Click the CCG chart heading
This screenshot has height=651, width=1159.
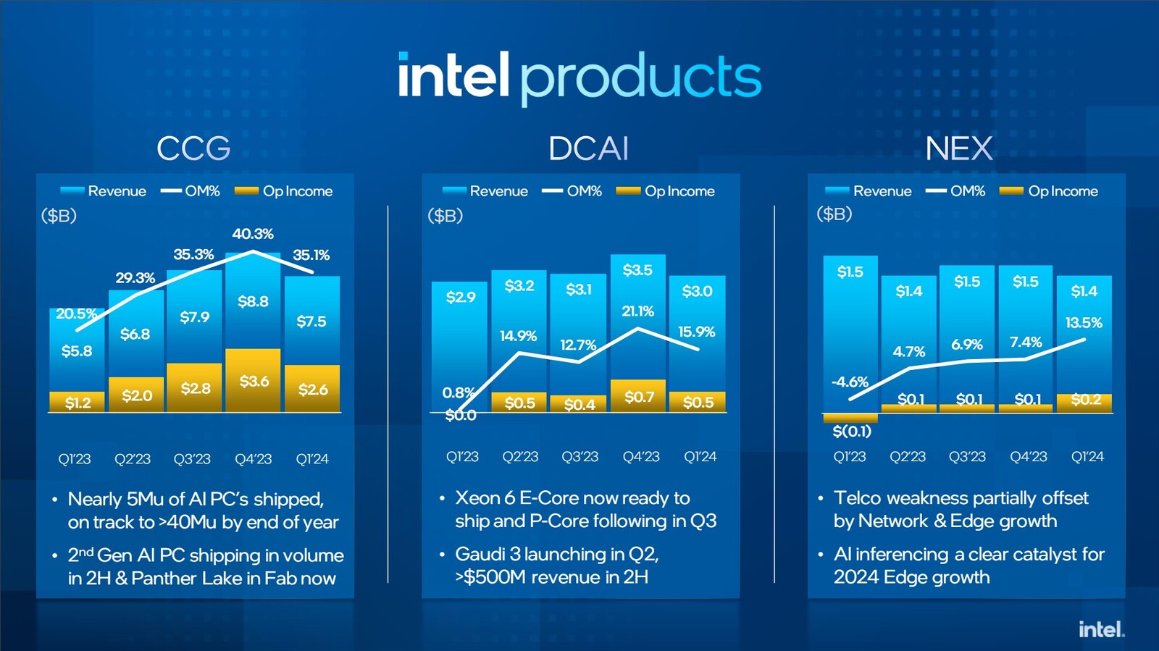[x=193, y=148]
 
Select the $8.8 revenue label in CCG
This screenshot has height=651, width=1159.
[x=253, y=301]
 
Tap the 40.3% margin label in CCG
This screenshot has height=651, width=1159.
[x=253, y=234]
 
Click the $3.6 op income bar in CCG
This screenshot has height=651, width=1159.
[x=253, y=381]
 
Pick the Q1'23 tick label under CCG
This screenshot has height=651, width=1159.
[x=75, y=459]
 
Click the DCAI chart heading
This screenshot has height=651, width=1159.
[x=588, y=148]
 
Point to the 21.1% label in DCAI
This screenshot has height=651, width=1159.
[x=637, y=311]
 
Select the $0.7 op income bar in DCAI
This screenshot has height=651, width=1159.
[x=638, y=396]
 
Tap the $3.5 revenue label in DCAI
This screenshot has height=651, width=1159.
[x=637, y=270]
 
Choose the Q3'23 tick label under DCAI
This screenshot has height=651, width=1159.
[x=579, y=457]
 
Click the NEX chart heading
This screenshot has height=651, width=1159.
[x=958, y=148]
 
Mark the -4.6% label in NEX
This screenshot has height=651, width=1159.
[x=850, y=382]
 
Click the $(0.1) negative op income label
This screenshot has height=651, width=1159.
[x=852, y=432]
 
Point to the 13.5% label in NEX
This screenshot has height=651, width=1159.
[x=1084, y=323]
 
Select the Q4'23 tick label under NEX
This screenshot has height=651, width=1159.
[x=1029, y=457]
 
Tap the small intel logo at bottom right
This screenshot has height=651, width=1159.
[x=1101, y=629]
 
